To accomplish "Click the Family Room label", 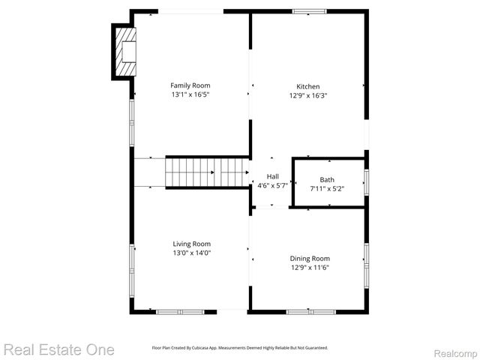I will pos(190,85).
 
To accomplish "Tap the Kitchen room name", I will pos(307,86).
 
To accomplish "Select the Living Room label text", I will pos(191,244).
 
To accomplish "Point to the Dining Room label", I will pos(310,259).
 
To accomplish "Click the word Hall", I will pos(273,176).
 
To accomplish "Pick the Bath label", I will pos(328,180).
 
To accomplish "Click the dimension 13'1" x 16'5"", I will pos(190,95).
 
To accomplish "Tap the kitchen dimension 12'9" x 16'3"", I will pos(307,96).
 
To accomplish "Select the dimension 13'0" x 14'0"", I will pos(191,253).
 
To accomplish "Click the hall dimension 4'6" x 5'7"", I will pos(273,185).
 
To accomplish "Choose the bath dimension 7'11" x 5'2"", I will pos(328,189).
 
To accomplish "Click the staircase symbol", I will pos(207,172).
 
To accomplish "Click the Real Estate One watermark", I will pos(58,349).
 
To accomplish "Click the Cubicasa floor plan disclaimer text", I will pos(240,348).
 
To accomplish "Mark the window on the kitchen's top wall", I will pos(310,11).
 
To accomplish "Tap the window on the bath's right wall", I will pos(366,181).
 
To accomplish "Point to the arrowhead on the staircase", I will pos(213,172).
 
